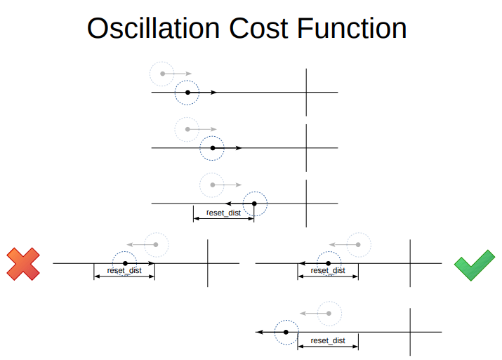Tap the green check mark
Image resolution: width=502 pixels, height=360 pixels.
[475, 265]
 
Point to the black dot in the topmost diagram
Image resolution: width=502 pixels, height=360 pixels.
[187, 92]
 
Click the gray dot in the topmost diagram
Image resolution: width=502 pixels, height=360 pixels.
[162, 73]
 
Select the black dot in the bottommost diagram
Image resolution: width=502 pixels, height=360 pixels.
[286, 331]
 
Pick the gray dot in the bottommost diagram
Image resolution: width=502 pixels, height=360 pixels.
[328, 312]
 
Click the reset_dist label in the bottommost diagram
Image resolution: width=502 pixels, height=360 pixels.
[328, 340]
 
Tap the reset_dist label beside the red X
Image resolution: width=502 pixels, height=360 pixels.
[124, 270]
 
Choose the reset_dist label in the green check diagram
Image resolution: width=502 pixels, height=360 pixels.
[328, 270]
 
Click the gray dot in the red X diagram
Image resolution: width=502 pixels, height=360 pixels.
[156, 244]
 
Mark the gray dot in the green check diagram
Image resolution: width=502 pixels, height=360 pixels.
[358, 244]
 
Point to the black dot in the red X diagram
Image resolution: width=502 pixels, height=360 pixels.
[125, 263]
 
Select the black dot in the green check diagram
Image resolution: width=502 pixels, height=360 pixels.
[328, 263]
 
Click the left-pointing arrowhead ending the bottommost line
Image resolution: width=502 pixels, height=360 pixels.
[258, 331]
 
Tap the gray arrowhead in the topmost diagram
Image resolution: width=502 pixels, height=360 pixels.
[188, 73]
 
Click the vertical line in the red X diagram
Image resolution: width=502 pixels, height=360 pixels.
[207, 263]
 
